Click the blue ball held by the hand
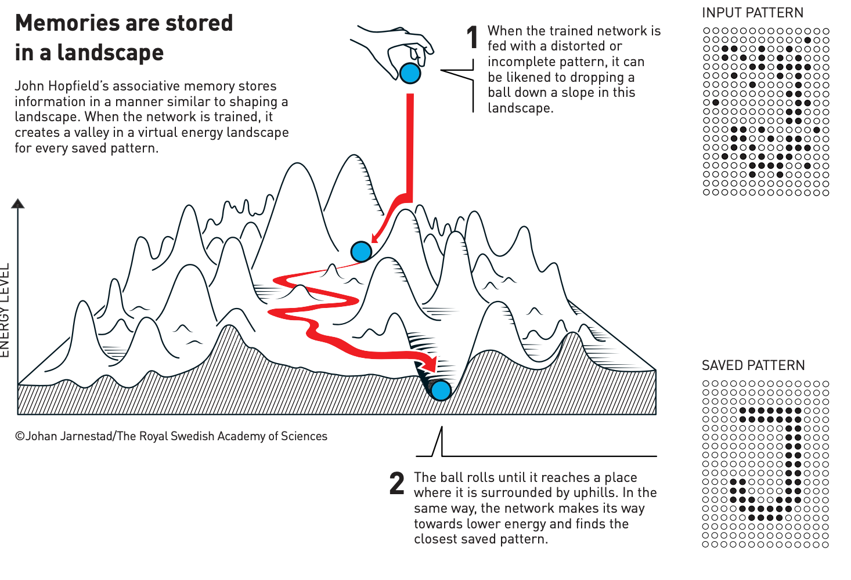pyautogui.click(x=410, y=73)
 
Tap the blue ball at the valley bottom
pyautogui.click(x=441, y=390)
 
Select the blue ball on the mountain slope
pyautogui.click(x=361, y=252)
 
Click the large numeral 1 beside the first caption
pyautogui.click(x=473, y=38)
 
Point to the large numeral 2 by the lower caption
pyautogui.click(x=397, y=483)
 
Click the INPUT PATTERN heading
pyautogui.click(x=752, y=13)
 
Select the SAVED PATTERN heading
pyautogui.click(x=753, y=365)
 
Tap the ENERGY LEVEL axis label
pyautogui.click(x=5, y=310)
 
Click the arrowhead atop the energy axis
pyautogui.click(x=18, y=204)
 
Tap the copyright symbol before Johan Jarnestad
pyautogui.click(x=20, y=436)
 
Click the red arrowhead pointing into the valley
pyautogui.click(x=430, y=364)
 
